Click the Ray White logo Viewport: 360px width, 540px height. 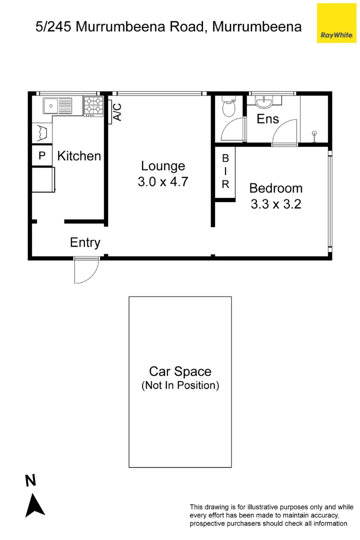click(336, 23)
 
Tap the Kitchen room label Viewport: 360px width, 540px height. click(79, 156)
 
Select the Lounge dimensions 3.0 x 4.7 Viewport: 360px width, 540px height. click(162, 181)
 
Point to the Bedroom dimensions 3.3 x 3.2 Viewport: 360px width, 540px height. click(275, 204)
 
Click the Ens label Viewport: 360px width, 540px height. click(267, 119)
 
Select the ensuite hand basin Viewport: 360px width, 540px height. click(263, 102)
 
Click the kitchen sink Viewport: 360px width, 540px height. click(51, 105)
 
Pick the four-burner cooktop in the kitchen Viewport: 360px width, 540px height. click(93, 106)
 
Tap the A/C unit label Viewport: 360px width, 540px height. click(117, 112)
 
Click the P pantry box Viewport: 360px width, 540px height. click(42, 156)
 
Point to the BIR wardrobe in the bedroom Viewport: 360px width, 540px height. click(225, 171)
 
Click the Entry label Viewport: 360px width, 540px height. click(85, 242)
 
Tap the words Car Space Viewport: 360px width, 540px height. click(180, 371)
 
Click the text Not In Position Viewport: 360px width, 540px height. click(180, 385)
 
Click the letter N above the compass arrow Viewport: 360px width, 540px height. click(31, 481)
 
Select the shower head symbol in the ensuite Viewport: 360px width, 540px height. click(314, 134)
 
